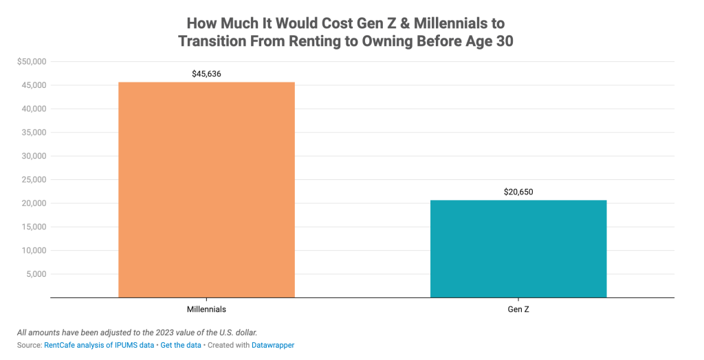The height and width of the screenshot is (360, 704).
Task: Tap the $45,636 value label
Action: click(206, 74)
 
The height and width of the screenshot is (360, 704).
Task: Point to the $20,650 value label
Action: click(518, 192)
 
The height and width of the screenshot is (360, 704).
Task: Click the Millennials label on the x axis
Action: click(206, 309)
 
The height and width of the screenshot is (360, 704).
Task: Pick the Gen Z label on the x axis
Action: click(518, 309)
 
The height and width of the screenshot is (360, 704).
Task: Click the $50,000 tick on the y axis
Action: click(31, 62)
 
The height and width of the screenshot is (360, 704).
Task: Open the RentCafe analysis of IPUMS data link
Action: click(99, 345)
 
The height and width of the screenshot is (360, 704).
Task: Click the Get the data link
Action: click(181, 345)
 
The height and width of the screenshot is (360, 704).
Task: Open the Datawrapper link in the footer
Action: click(273, 345)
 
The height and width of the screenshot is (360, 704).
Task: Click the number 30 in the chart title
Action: click(503, 41)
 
